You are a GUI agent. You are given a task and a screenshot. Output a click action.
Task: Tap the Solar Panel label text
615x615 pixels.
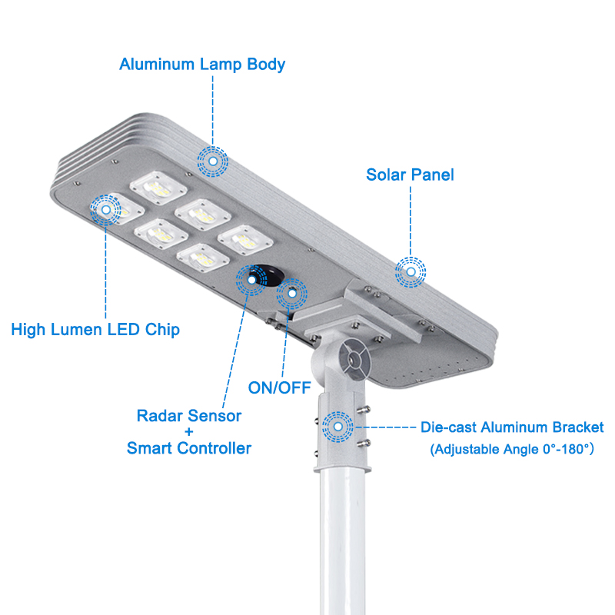[x=410, y=175]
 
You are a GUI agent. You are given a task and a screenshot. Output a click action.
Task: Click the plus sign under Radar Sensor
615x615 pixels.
[x=188, y=432]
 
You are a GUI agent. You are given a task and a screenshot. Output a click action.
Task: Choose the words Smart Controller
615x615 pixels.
[x=188, y=448]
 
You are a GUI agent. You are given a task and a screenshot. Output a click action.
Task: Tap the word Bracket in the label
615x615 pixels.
[x=575, y=427]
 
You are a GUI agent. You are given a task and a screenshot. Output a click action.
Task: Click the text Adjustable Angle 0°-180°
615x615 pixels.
[x=512, y=448]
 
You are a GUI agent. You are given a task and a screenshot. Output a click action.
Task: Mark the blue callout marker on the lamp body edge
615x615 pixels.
[x=213, y=161]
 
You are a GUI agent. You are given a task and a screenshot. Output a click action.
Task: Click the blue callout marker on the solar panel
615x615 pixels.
[x=411, y=271]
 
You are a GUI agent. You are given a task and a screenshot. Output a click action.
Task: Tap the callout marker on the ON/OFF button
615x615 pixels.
[x=292, y=292]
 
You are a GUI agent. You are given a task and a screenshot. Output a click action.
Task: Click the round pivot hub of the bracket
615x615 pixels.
[x=353, y=358]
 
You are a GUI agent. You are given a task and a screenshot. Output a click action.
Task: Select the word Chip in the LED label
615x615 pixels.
[x=163, y=331]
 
